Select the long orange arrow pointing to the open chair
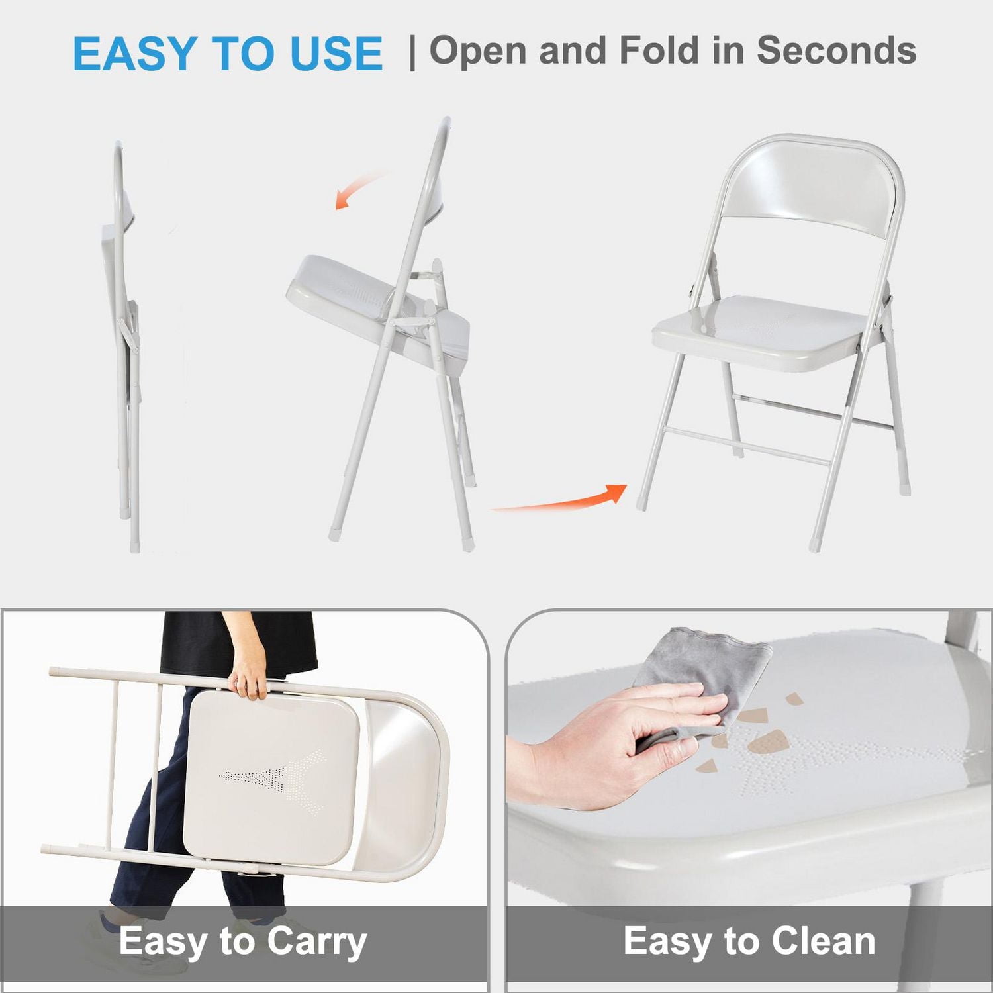[x=560, y=500]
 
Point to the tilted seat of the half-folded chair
[x=377, y=308]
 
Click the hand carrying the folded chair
[x=248, y=679]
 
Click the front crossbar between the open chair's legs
[x=748, y=447]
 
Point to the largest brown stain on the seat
[x=768, y=744]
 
